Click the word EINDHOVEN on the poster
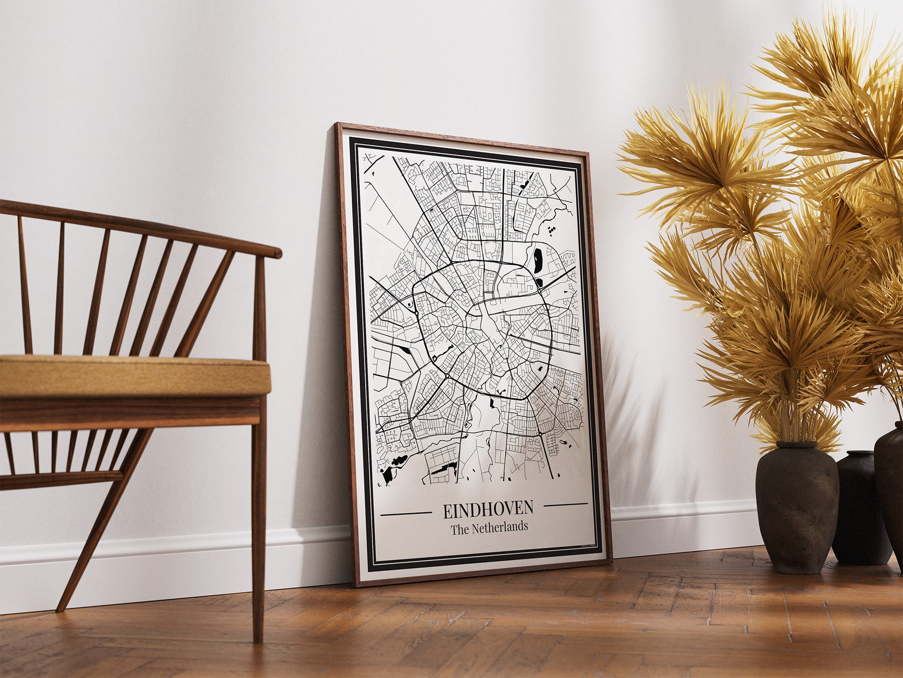[x=488, y=510]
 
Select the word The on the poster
[x=459, y=529]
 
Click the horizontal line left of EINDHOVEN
[x=406, y=514]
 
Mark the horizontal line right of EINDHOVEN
[x=565, y=504]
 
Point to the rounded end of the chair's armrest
[x=277, y=253]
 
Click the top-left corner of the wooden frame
[x=338, y=126]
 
